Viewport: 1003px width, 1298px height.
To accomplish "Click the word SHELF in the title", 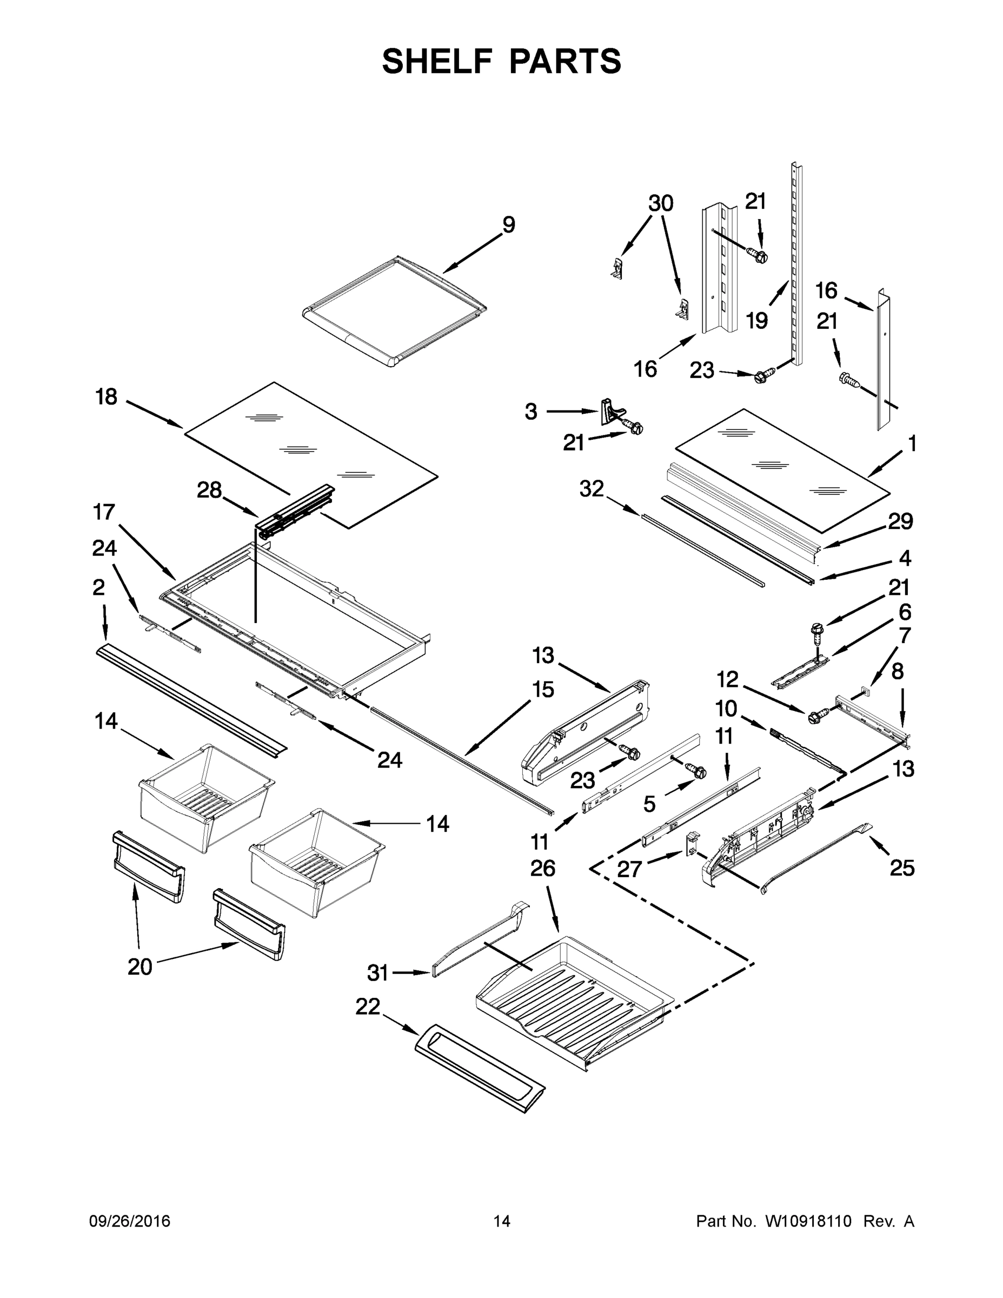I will point(437,61).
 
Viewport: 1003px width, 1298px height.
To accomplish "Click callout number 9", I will point(508,224).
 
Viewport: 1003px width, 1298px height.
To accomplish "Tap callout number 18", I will point(107,396).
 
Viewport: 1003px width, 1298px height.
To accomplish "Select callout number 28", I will point(209,491).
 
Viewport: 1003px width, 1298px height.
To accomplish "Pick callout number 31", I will point(377,973).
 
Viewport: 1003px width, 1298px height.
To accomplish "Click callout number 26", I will point(542,869).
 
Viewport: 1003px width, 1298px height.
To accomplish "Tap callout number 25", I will point(902,868).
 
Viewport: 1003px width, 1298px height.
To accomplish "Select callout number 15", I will point(543,690).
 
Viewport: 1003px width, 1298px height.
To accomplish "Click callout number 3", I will point(530,411).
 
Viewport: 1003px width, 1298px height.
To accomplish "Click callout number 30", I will point(660,203).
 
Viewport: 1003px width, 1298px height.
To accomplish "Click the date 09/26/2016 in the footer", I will point(130,1221).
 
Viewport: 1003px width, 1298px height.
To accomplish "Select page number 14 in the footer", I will point(502,1221).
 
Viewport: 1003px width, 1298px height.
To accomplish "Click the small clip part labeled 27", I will point(690,843).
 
